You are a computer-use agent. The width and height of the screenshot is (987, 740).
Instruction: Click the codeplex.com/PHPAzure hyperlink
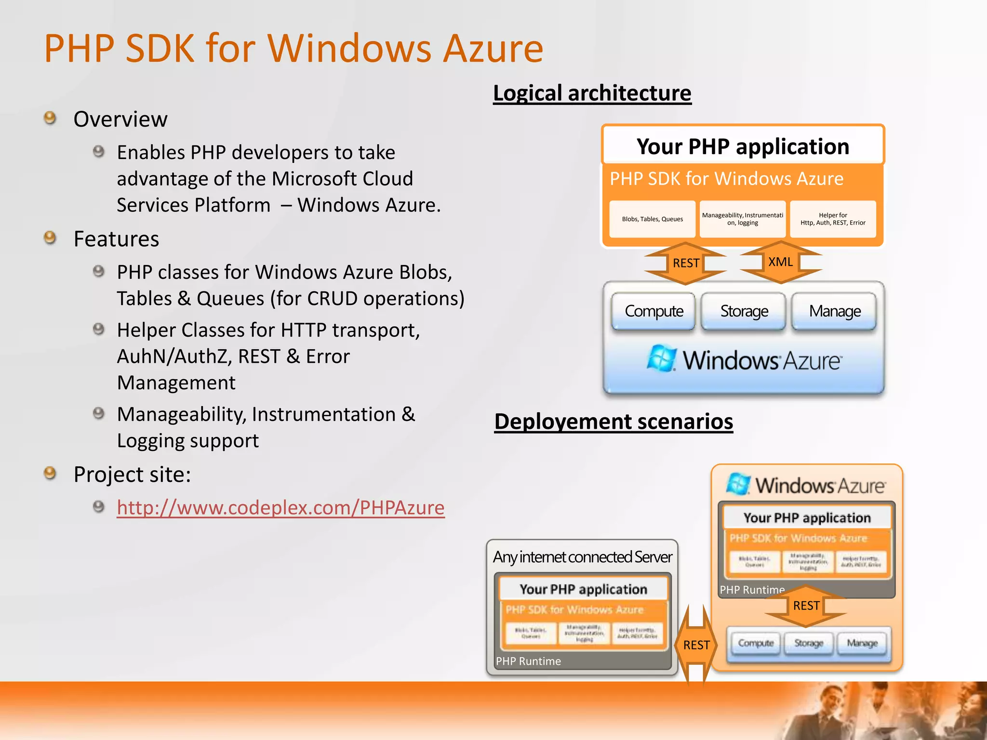pyautogui.click(x=280, y=508)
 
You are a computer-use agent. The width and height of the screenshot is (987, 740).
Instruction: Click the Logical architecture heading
pyautogui.click(x=592, y=93)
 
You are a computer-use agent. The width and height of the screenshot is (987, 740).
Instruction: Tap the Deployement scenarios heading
pyautogui.click(x=613, y=422)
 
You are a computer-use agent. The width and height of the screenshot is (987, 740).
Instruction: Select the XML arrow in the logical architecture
pyautogui.click(x=780, y=262)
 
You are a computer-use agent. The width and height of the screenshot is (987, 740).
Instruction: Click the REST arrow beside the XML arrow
pyautogui.click(x=685, y=263)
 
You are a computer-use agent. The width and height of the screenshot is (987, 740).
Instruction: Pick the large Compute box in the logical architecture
pyautogui.click(x=654, y=311)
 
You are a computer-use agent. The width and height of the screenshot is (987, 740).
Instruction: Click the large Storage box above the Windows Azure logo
pyautogui.click(x=744, y=311)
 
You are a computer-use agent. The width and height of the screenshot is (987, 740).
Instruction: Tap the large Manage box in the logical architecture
pyautogui.click(x=834, y=311)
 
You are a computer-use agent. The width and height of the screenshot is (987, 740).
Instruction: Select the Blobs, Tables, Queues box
pyautogui.click(x=652, y=219)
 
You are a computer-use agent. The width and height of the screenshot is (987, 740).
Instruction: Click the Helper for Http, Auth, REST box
pyautogui.click(x=832, y=219)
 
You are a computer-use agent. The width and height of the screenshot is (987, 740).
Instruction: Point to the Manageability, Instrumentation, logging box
pyautogui.click(x=742, y=219)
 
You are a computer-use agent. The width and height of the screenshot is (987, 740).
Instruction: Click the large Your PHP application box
pyautogui.click(x=742, y=146)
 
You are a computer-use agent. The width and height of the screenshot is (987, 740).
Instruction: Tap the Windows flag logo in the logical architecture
pyautogui.click(x=661, y=358)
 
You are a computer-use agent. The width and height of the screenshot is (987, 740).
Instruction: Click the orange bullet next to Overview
pyautogui.click(x=50, y=118)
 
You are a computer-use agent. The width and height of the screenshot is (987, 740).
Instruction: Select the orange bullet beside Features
pyautogui.click(x=50, y=238)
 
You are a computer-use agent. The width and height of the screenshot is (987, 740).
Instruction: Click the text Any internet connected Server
pyautogui.click(x=582, y=557)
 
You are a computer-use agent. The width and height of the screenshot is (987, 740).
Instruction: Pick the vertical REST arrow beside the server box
pyautogui.click(x=696, y=645)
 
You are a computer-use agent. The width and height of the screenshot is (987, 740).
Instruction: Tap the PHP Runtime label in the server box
pyautogui.click(x=528, y=661)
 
